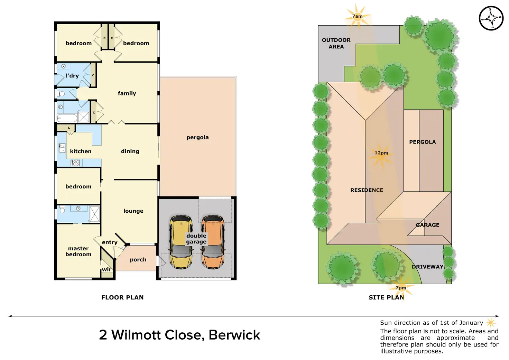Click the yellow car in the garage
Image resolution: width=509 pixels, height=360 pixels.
point(181,242)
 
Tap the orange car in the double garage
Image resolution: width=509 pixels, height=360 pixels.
point(213,242)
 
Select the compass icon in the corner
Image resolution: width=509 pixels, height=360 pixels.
point(491,18)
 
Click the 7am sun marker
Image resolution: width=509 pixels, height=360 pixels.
point(358,16)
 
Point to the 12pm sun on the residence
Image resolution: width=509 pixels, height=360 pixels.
point(381,155)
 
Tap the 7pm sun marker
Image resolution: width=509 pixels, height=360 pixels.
point(401,287)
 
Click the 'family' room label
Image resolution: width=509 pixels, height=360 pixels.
point(127,93)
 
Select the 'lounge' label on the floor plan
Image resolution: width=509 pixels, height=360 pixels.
point(133,211)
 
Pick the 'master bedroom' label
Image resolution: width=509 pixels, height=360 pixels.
point(78,251)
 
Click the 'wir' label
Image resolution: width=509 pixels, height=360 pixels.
point(107,270)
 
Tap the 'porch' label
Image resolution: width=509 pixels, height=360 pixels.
point(138,260)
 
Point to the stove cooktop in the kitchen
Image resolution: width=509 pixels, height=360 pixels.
point(75,163)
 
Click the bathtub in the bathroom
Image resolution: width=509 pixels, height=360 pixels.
point(67,118)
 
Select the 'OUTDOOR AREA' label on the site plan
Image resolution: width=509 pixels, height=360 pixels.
point(336,43)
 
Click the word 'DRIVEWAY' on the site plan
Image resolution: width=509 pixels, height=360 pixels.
point(428,267)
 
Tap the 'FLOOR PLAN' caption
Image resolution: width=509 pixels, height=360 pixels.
point(122,297)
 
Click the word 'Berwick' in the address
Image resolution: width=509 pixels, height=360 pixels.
point(234,335)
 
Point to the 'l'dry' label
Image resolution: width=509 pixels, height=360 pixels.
point(72,76)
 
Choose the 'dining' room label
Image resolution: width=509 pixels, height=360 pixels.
point(130,151)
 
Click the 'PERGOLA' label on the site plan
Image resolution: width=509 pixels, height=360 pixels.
point(422,142)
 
